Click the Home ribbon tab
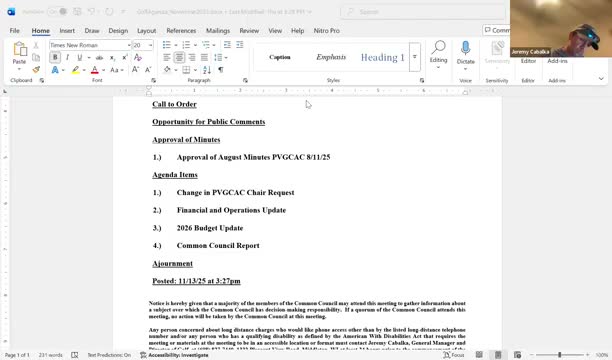[x=40, y=31]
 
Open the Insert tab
[x=67, y=31]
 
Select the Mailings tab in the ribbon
[x=217, y=31]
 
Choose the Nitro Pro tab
[x=327, y=31]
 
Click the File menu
[x=15, y=31]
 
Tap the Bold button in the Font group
[x=55, y=58]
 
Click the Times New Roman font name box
[x=86, y=45]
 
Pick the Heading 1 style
[x=382, y=57]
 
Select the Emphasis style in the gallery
[x=331, y=57]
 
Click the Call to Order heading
[x=174, y=104]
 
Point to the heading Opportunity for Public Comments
[x=208, y=122]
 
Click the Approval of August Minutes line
[x=253, y=157]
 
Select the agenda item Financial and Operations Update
[x=231, y=210]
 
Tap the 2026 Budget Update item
[x=210, y=228]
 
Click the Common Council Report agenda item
[x=218, y=245]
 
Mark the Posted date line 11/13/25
[x=196, y=281]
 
